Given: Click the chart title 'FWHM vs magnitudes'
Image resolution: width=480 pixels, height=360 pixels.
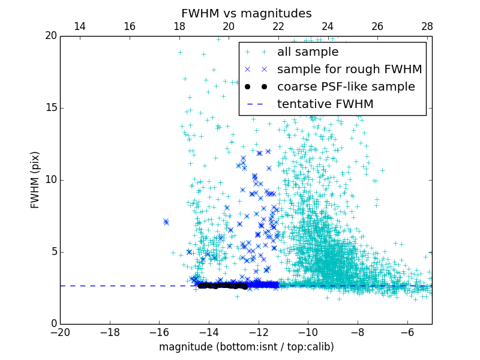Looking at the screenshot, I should pyautogui.click(x=246, y=13).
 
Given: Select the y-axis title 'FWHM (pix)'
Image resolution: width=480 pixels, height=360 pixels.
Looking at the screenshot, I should pyautogui.click(x=35, y=180).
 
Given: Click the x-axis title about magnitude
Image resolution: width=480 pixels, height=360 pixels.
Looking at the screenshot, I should pyautogui.click(x=246, y=347).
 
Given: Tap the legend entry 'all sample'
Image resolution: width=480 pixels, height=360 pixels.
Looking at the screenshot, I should pyautogui.click(x=308, y=52).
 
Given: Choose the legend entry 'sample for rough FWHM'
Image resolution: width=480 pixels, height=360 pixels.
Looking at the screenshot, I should pyautogui.click(x=349, y=70).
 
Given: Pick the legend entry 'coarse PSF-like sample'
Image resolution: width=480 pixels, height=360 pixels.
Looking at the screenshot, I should pyautogui.click(x=346, y=87).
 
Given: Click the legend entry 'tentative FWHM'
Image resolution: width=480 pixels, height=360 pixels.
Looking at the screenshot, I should pyautogui.click(x=325, y=104).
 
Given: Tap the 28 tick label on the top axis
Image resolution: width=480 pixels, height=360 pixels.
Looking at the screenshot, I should pyautogui.click(x=427, y=26).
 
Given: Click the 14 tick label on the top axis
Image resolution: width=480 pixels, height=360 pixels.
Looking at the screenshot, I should pyautogui.click(x=80, y=26).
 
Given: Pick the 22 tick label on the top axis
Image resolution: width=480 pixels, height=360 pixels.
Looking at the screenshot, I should pyautogui.click(x=278, y=26).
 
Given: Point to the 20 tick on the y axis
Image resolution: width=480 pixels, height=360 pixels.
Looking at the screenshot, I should pyautogui.click(x=50, y=36).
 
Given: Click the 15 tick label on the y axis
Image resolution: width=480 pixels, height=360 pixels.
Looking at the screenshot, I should pyautogui.click(x=50, y=108).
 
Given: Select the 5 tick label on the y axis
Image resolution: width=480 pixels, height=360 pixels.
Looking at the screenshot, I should pyautogui.click(x=53, y=252).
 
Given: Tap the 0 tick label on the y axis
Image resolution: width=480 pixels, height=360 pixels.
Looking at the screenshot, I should pyautogui.click(x=53, y=324).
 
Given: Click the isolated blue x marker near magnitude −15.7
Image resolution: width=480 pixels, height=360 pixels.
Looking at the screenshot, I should pyautogui.click(x=166, y=222).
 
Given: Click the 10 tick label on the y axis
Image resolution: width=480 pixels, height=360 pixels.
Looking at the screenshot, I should pyautogui.click(x=50, y=180).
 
